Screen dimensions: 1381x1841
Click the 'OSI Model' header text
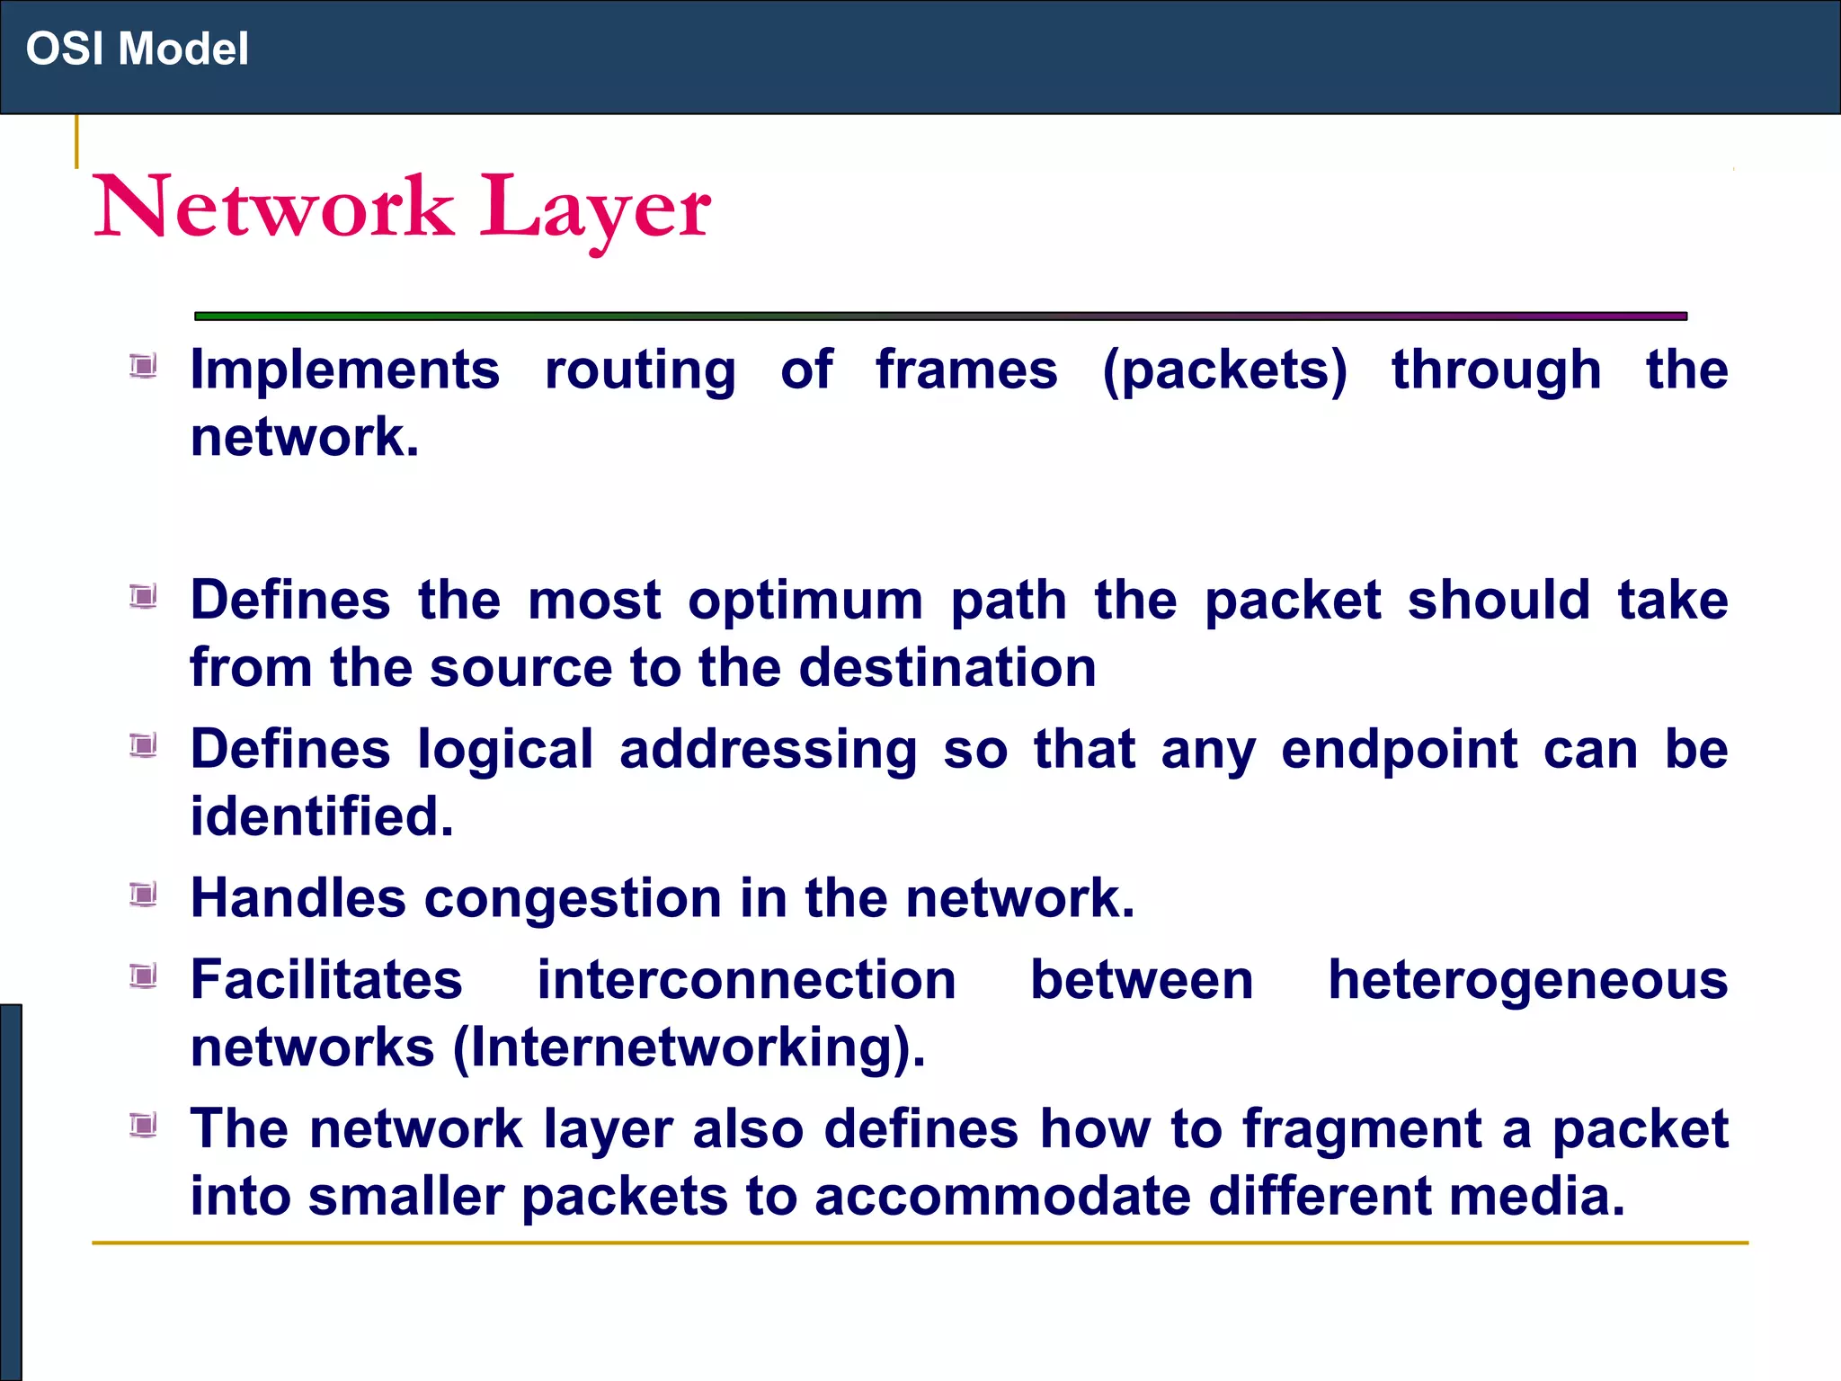tap(137, 49)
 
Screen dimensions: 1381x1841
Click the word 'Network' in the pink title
tap(274, 209)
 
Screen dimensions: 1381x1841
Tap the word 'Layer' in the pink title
tap(595, 209)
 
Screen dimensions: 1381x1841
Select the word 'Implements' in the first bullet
tap(345, 370)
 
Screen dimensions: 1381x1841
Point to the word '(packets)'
tap(1225, 370)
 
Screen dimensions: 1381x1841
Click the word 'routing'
tap(640, 370)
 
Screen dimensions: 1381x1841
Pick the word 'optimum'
tap(805, 601)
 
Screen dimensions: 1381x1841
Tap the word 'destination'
tap(947, 668)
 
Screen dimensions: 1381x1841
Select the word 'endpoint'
tap(1399, 750)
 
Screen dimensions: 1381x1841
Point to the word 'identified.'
tap(322, 816)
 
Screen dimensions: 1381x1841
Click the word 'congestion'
tap(573, 898)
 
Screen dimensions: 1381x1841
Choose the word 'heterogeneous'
tap(1527, 980)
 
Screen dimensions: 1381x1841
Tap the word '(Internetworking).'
tap(689, 1047)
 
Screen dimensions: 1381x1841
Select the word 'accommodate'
tap(1002, 1197)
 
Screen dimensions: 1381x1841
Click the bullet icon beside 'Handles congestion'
tap(143, 895)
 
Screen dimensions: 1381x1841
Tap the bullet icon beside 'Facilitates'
tap(143, 976)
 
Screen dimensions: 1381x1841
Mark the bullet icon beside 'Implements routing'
tap(143, 366)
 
